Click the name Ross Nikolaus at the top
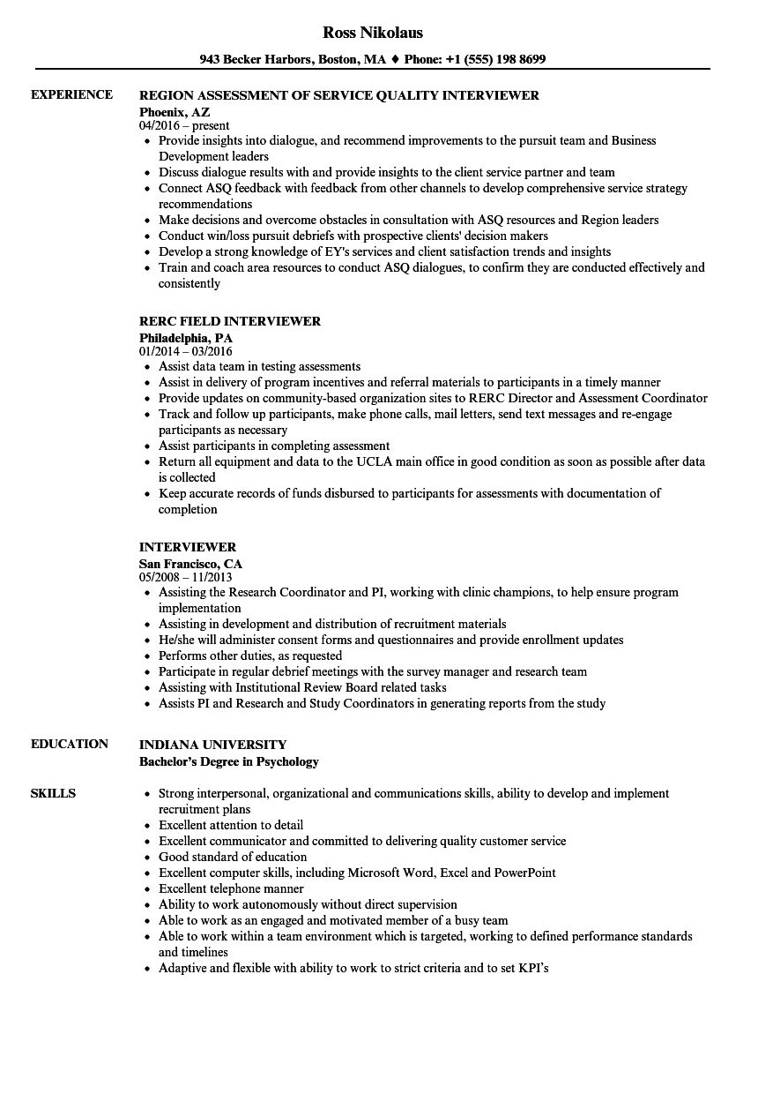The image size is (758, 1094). (373, 33)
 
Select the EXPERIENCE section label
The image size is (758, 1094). (71, 94)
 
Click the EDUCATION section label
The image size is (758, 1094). (70, 744)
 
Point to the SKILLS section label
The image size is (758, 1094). (53, 793)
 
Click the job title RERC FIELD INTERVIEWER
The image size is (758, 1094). (230, 321)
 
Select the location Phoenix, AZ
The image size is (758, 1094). (175, 111)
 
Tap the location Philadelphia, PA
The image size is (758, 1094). (186, 337)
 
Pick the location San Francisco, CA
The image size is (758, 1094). (190, 563)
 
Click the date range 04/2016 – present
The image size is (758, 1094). (184, 125)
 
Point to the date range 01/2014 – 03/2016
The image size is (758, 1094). (186, 351)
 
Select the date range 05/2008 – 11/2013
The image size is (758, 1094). (186, 577)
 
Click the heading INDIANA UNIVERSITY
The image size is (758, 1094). (212, 745)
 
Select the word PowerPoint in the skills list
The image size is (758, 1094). (524, 873)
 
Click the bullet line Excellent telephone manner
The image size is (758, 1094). (231, 888)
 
